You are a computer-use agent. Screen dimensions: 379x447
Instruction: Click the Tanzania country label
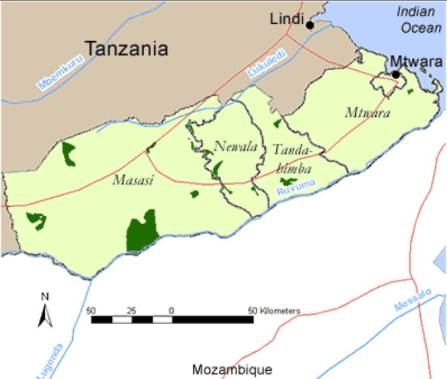(126, 48)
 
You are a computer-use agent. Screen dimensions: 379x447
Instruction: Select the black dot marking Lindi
(310, 25)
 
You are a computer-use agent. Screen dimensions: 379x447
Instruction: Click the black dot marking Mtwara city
(396, 74)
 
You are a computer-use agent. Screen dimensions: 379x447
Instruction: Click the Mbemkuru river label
(58, 73)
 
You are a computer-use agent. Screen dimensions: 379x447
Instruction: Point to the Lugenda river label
(49, 361)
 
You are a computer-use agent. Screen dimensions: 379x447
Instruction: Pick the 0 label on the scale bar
(172, 310)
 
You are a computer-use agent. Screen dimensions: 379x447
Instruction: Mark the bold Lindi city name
(287, 19)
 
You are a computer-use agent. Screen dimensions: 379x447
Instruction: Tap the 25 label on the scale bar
(132, 310)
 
